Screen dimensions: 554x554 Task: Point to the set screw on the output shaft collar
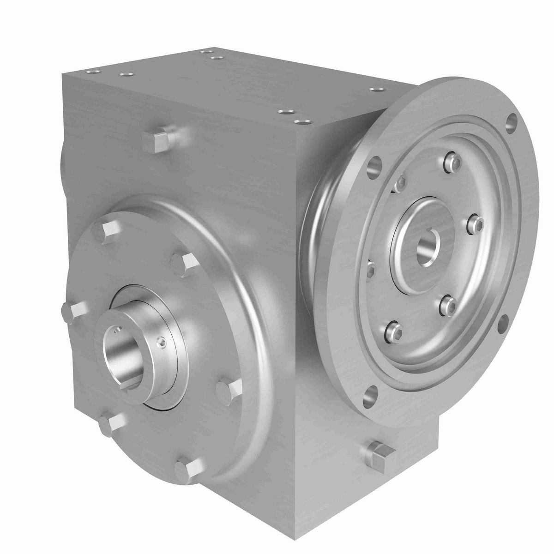pyautogui.click(x=160, y=341)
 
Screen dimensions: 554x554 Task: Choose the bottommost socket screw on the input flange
pyautogui.click(x=391, y=329)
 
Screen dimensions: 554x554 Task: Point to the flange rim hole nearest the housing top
pyautogui.click(x=376, y=164)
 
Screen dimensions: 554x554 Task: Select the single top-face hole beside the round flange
pyautogui.click(x=373, y=89)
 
